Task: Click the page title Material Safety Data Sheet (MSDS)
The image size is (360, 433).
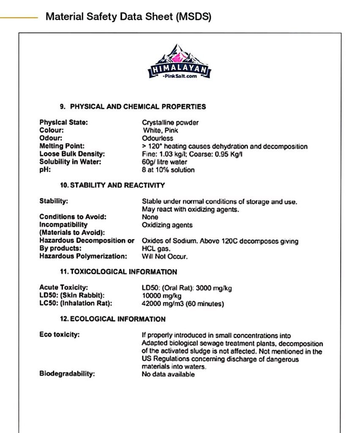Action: click(128, 17)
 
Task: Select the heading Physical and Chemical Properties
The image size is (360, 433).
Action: click(133, 107)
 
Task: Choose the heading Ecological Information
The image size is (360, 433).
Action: click(112, 319)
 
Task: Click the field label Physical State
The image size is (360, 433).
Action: click(63, 122)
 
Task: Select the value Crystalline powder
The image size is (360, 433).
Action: click(170, 122)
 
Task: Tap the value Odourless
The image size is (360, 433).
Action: click(158, 138)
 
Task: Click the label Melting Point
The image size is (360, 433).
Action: click(62, 146)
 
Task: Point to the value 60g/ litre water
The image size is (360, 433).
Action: click(164, 162)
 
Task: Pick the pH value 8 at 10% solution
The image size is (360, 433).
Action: click(168, 170)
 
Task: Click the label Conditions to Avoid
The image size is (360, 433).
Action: click(73, 217)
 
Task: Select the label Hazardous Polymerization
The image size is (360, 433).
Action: click(83, 256)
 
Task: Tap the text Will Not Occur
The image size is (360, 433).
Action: click(165, 256)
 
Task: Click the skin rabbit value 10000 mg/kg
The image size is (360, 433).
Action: click(161, 296)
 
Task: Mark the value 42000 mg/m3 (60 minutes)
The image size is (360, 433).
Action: click(183, 304)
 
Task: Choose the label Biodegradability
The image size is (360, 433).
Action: click(67, 374)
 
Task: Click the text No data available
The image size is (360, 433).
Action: click(168, 374)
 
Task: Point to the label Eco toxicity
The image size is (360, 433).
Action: click(60, 335)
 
